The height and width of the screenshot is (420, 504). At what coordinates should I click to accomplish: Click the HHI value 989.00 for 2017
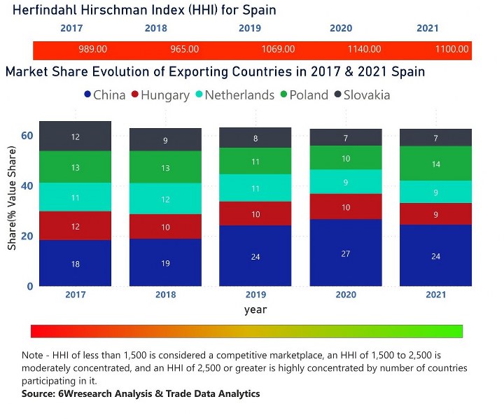92,50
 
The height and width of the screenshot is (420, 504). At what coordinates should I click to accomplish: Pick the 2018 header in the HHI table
156,29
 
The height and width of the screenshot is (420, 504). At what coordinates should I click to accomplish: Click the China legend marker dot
87,94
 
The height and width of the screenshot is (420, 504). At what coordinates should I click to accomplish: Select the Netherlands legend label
239,94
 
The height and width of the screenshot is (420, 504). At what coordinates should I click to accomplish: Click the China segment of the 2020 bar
346,253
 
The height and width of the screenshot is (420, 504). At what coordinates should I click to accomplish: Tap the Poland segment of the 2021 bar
436,163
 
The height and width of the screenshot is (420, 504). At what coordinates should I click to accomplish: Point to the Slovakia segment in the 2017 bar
76,136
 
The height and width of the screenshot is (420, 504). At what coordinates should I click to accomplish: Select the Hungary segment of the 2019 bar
255,213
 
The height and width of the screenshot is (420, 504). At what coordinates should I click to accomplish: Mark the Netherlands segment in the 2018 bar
165,199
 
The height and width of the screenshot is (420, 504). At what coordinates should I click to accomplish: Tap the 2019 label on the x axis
255,294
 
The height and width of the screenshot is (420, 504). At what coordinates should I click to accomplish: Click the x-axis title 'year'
255,309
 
